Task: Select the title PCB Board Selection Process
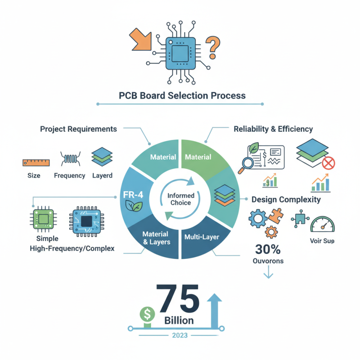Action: [x=182, y=95]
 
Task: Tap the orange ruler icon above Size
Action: [x=36, y=162]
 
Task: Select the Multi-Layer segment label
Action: [x=201, y=235]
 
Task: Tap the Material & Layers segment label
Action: [x=155, y=238]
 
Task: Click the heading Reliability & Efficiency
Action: [x=273, y=129]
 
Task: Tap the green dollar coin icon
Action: [x=147, y=314]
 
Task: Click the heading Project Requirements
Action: [x=78, y=129]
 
